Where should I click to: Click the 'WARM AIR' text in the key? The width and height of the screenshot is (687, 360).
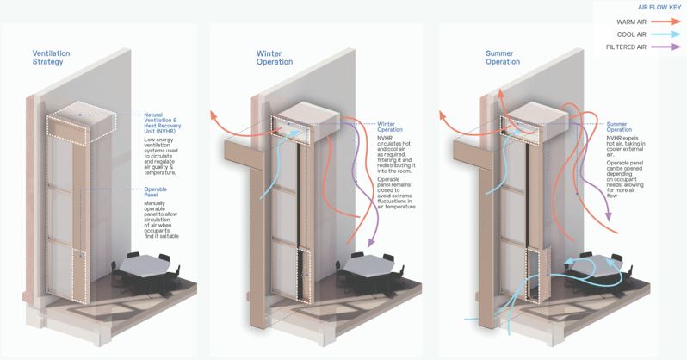pos(622,22)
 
